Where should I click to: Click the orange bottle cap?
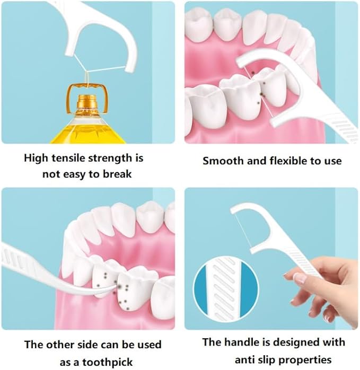(x=87, y=101)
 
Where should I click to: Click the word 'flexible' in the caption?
(x=285, y=160)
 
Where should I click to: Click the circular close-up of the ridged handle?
(x=222, y=292)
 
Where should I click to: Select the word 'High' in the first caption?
(x=35, y=158)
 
